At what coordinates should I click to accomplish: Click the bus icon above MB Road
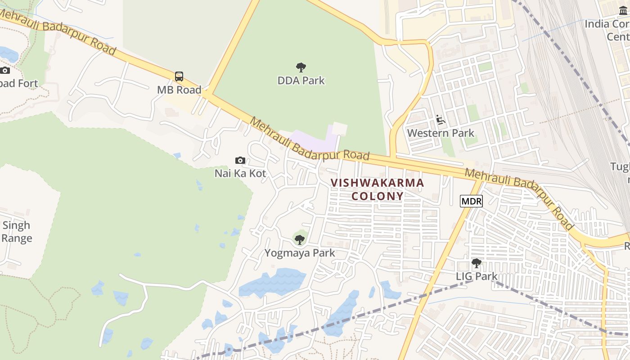(179, 76)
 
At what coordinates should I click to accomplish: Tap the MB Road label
(179, 90)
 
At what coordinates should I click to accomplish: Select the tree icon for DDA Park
(301, 67)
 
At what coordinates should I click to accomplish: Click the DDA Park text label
(301, 81)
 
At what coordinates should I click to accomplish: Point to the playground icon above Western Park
(440, 120)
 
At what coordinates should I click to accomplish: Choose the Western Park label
(441, 133)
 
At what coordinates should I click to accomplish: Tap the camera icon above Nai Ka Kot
(240, 160)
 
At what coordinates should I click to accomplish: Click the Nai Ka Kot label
(240, 173)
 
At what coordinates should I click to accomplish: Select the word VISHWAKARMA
(377, 183)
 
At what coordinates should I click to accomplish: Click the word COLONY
(377, 196)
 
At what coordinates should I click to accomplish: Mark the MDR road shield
(471, 201)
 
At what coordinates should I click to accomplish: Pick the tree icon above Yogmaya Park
(300, 239)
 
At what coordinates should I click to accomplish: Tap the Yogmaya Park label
(300, 253)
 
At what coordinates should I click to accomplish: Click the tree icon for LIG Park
(476, 263)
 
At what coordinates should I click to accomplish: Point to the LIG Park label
(476, 276)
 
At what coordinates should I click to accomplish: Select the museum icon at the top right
(623, 10)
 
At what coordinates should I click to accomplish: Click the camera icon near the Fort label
(5, 70)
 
